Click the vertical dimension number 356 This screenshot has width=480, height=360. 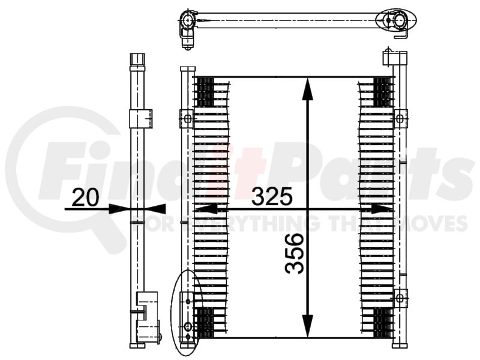294,253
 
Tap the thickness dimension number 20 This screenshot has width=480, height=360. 86,197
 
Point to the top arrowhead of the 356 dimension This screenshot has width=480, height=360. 308,89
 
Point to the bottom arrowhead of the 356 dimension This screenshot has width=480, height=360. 308,326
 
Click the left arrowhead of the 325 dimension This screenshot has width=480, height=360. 206,209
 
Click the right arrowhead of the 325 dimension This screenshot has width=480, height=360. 382,209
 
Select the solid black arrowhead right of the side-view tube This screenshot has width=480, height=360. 157,209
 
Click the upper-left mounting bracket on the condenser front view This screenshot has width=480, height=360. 186,119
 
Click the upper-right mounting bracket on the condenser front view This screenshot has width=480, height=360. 400,118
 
